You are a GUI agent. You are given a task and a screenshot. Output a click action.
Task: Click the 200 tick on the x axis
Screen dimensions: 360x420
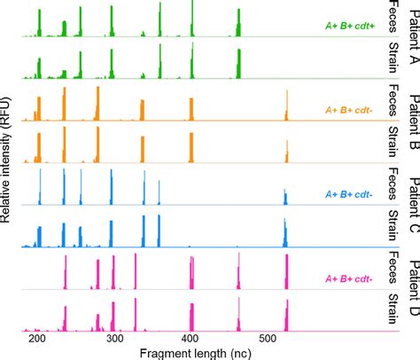[x=37, y=339]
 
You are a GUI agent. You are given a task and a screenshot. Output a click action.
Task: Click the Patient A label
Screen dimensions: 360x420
[x=411, y=39]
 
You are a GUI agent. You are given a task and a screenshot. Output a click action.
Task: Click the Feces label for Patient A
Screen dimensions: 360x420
[x=391, y=19]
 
